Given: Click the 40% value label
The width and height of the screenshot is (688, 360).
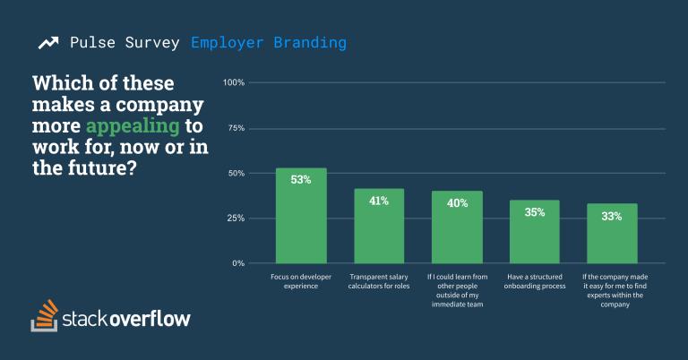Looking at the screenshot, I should pos(457,203).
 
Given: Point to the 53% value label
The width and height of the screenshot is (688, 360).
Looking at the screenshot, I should pos(301,180).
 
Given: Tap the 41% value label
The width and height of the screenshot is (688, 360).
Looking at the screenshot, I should pos(379,201).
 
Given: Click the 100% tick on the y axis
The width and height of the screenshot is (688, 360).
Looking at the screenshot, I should pos(233,83).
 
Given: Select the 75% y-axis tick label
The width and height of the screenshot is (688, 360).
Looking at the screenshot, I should pos(235,128).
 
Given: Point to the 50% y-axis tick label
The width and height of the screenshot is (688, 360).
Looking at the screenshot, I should pos(235,173).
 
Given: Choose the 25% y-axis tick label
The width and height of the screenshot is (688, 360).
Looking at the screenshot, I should pos(235,219).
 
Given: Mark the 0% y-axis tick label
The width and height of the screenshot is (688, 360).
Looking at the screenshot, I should pos(238,263).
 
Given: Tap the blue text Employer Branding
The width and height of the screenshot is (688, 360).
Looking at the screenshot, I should pos(268,42).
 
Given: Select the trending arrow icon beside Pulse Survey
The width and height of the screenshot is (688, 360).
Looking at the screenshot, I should pos(48,43).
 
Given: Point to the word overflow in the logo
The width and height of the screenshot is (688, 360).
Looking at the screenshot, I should pos(150,319).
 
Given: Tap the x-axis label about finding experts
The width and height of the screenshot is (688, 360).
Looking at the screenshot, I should pos(612,290).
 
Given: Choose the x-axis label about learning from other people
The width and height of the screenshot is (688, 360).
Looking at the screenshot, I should pos(457,290).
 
